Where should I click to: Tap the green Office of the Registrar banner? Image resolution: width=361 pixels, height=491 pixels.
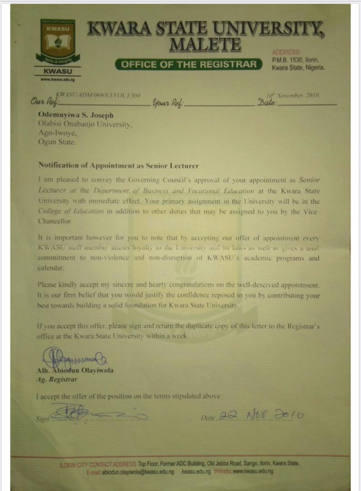pyautogui.click(x=189, y=64)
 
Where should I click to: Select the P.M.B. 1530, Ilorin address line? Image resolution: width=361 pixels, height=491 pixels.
pyautogui.click(x=296, y=60)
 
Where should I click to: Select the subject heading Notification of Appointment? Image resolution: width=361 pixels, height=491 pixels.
pyautogui.click(x=118, y=165)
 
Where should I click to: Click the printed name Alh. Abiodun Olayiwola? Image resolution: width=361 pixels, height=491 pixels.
pyautogui.click(x=75, y=371)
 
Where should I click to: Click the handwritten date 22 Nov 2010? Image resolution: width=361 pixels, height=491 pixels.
pyautogui.click(x=261, y=415)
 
